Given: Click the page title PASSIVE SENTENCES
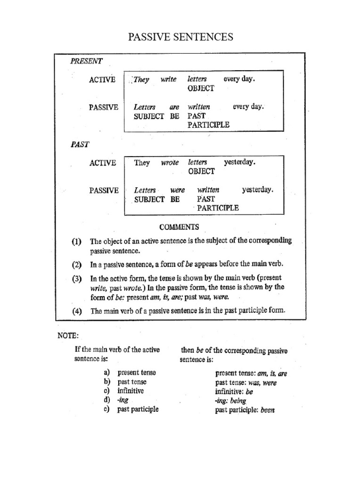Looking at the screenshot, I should (x=181, y=37).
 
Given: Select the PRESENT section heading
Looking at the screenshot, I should (x=86, y=61).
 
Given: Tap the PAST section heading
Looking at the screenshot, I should (x=80, y=144).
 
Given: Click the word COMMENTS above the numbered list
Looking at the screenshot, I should (x=179, y=227).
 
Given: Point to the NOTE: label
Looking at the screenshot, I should (x=68, y=336).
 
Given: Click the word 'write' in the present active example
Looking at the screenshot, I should (x=168, y=79).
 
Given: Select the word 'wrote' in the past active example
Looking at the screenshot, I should (x=170, y=163).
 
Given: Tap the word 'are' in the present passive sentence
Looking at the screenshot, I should (x=174, y=107).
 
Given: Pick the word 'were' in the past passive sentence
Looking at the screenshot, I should (x=177, y=191).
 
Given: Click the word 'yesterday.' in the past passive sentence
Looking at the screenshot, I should (x=257, y=190).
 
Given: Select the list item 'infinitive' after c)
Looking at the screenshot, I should (x=131, y=391).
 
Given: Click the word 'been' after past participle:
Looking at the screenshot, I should (x=266, y=410).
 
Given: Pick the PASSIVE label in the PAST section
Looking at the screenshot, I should (x=104, y=191).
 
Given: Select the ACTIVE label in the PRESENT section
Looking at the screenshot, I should (x=102, y=79).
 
